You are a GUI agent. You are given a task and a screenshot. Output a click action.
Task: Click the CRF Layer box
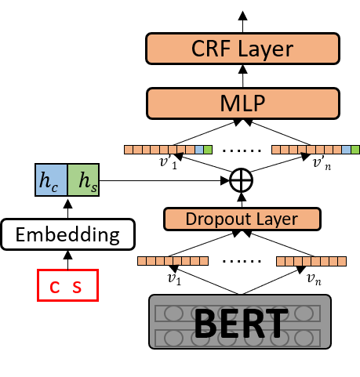click(x=242, y=49)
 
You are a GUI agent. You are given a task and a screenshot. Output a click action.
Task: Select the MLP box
click(x=242, y=103)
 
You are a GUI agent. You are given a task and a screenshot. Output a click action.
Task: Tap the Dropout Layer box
click(x=242, y=219)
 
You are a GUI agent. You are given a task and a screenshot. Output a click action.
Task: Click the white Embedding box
click(x=67, y=234)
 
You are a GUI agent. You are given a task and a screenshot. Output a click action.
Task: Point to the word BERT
click(x=240, y=321)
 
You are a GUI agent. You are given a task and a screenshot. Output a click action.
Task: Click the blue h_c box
click(x=52, y=180)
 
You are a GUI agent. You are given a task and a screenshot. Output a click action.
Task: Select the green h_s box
click(x=83, y=180)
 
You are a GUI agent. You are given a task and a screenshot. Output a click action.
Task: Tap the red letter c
click(x=54, y=287)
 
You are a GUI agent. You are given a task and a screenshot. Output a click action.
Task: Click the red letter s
click(x=77, y=287)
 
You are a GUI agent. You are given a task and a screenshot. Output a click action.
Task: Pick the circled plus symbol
click(x=241, y=180)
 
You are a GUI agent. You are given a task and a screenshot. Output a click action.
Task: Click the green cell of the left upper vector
click(x=208, y=149)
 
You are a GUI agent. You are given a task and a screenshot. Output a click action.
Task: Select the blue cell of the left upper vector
click(x=199, y=149)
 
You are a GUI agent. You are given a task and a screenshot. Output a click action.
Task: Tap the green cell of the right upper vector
click(x=355, y=149)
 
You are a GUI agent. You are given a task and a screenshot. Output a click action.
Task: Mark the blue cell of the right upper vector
click(x=347, y=149)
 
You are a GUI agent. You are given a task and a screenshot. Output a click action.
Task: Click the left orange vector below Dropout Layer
click(x=173, y=261)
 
